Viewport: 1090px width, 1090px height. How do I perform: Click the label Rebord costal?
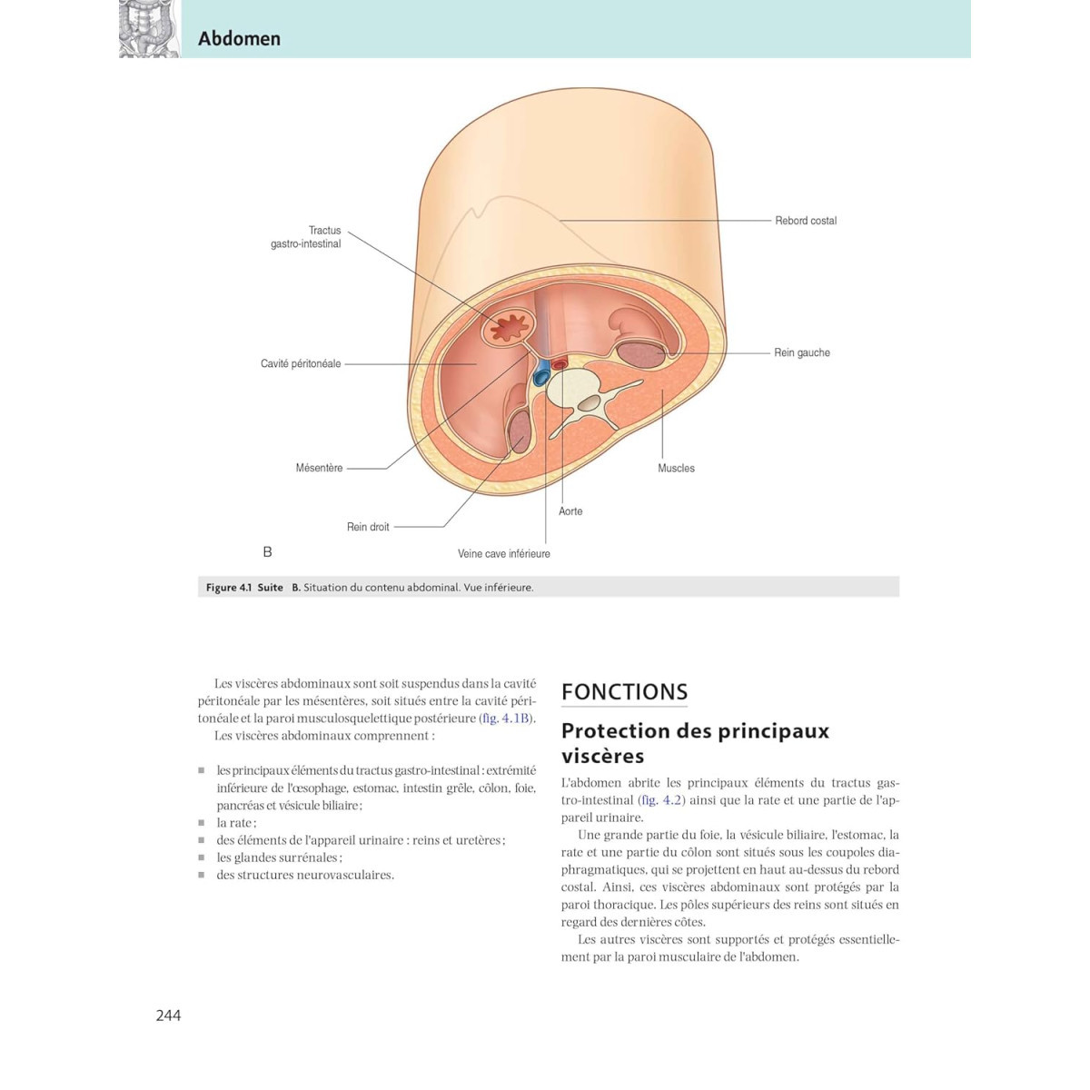(805, 221)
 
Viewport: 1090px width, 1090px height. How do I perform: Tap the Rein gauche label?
(801, 352)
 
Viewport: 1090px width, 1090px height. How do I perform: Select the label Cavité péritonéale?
(301, 363)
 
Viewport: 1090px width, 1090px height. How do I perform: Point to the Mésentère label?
(319, 468)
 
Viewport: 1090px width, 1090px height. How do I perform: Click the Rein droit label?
(368, 527)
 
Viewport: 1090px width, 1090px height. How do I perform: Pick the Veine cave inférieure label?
(503, 554)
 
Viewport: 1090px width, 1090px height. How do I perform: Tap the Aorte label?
(570, 511)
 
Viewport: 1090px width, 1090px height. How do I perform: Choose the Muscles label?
(676, 468)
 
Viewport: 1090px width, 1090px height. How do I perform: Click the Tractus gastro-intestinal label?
(307, 237)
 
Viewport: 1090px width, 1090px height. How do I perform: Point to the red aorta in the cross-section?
(560, 363)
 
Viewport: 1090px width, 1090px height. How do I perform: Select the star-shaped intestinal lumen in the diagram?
(509, 327)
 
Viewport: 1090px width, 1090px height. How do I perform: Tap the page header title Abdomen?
(239, 38)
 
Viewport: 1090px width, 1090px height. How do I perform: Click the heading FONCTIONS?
(624, 692)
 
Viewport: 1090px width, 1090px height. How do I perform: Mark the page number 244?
(168, 1016)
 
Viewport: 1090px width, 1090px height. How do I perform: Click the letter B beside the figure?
(267, 551)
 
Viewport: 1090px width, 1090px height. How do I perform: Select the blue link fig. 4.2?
(661, 800)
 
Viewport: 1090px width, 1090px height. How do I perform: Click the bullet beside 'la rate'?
(202, 823)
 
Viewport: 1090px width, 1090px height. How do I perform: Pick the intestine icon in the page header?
(149, 29)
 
